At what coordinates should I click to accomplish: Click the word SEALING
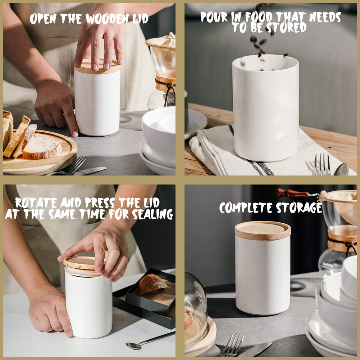[x=152, y=214]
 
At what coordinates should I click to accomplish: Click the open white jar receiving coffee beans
[x=265, y=108]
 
